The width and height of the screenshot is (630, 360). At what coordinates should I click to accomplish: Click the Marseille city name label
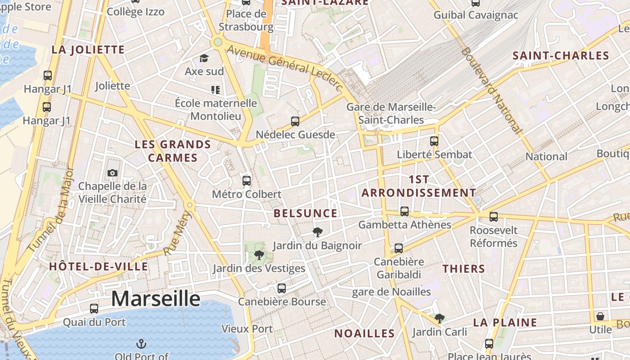coord(156,298)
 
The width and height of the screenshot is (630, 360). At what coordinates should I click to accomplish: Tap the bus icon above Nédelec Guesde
coord(295,121)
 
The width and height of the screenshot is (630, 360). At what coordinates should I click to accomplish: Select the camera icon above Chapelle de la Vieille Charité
coord(112,173)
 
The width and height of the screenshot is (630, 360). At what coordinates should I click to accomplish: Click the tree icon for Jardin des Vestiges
coord(259,255)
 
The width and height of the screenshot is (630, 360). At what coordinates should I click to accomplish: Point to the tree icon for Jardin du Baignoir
coord(318,232)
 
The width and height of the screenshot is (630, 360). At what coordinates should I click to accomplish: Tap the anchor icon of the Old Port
coord(141,344)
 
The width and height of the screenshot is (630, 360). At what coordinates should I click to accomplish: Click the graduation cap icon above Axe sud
coord(204,58)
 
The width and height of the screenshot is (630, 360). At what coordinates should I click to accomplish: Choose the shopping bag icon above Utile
coord(600,316)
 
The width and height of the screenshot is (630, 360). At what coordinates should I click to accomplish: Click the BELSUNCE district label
coord(306,213)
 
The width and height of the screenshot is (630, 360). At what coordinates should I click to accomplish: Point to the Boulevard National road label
coord(491,90)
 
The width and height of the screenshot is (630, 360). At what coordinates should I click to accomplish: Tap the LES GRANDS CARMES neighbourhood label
coord(173,151)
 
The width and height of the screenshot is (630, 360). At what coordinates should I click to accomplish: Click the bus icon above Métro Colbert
coord(247,181)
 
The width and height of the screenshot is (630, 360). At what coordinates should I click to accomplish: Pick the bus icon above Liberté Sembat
coord(434,141)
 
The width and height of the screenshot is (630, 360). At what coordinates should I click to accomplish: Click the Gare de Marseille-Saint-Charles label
coord(391,113)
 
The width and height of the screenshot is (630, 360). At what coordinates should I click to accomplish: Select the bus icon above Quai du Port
coord(94,309)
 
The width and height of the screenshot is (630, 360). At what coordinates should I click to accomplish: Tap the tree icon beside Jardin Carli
coord(440,319)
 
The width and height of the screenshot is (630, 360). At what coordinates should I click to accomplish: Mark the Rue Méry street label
coord(177,233)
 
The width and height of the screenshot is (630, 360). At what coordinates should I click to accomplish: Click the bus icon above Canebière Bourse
coord(282,288)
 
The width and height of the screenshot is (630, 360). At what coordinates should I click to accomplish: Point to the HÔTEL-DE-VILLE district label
coord(99,266)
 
